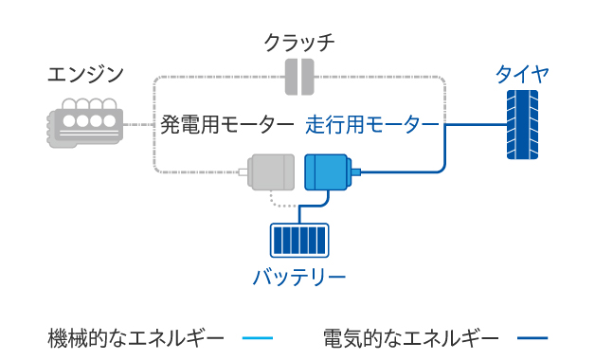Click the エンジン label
pos(85,74)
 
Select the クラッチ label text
pos(299,43)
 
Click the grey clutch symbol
pos(299,77)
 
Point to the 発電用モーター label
pos(227,124)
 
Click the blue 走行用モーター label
pos(372,124)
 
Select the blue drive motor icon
pos(329,172)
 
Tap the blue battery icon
pos(298,240)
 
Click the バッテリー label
pos(298,278)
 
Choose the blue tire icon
pos(522,124)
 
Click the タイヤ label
pos(522,74)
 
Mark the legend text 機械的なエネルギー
pos(136,337)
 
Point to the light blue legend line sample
pos(257,338)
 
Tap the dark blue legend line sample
pos(532,338)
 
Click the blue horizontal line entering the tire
pos(474,124)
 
